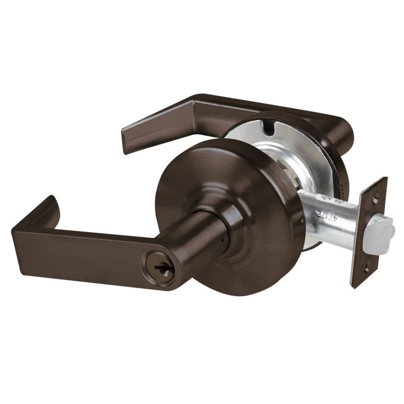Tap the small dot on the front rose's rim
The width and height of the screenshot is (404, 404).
click(x=301, y=221)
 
